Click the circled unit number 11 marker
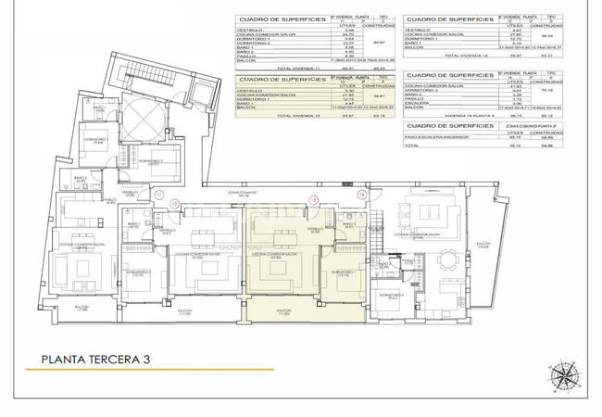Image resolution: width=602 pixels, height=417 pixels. [x=160, y=196]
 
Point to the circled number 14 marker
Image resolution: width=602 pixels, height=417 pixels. [x=361, y=196]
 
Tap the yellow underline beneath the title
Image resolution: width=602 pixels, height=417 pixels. [x=120, y=371]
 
